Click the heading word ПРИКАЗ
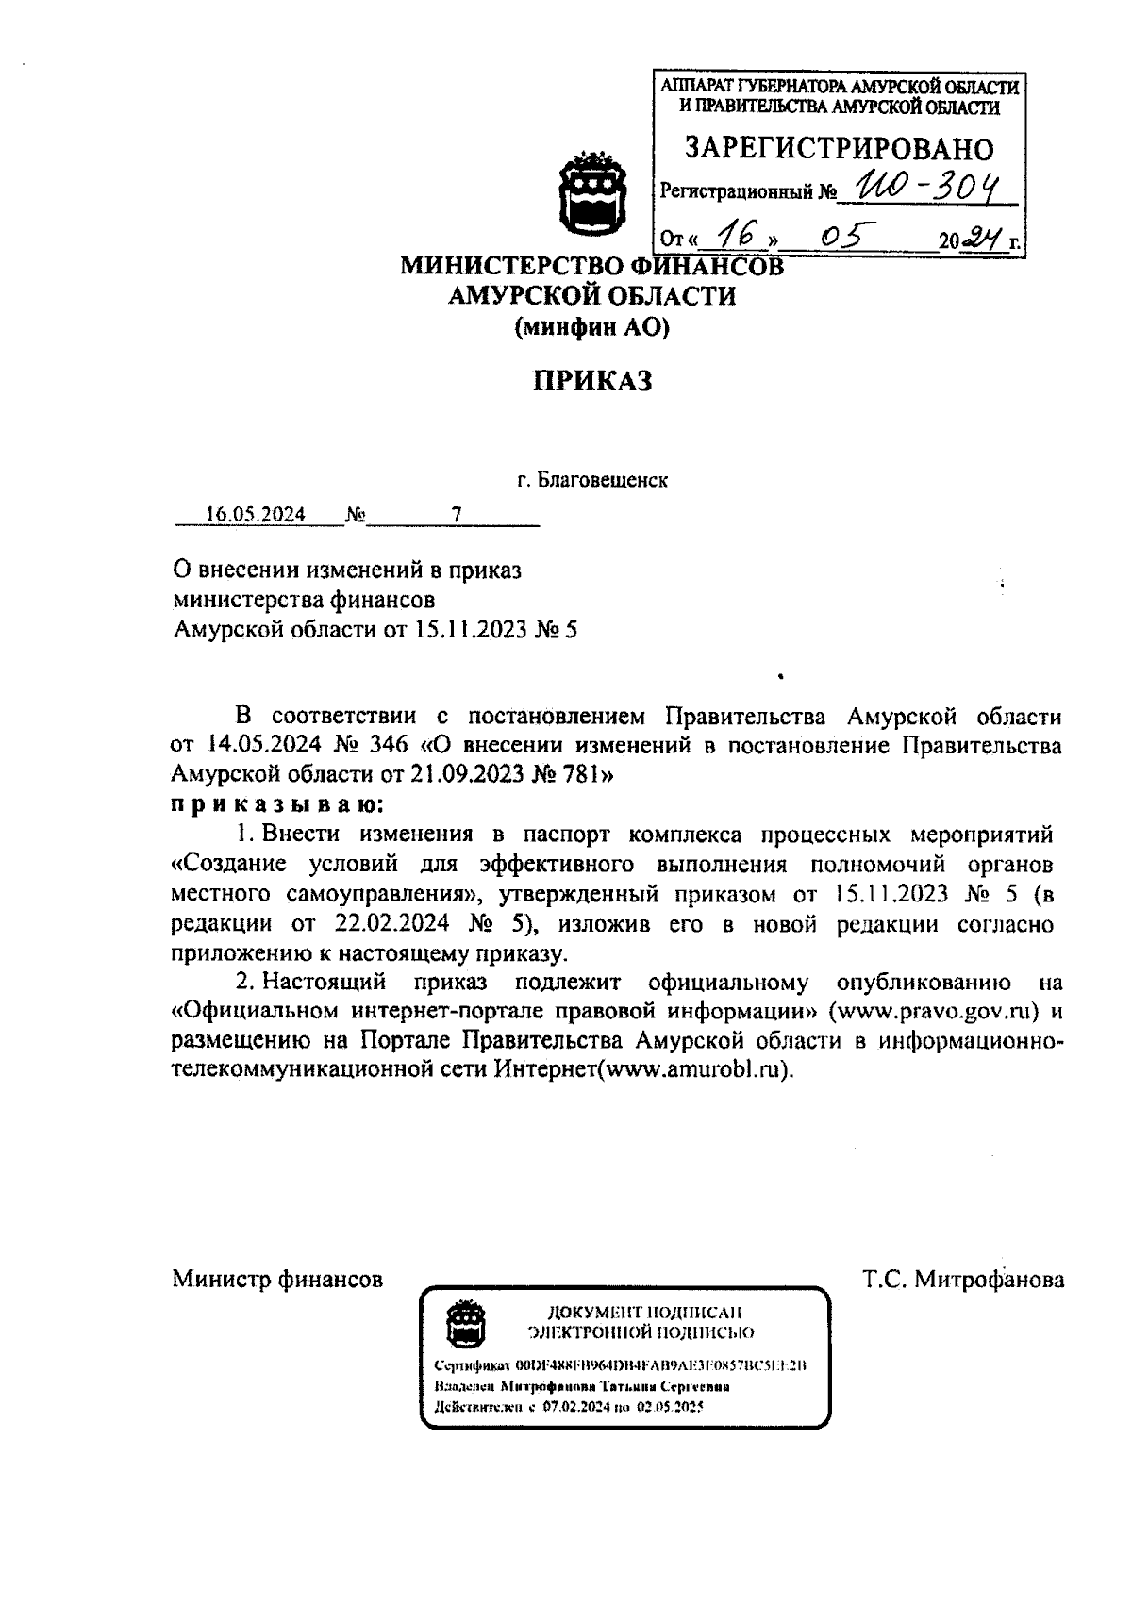tap(592, 381)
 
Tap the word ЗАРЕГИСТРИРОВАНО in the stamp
tap(839, 148)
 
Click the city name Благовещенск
tap(602, 480)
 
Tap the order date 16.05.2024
tap(256, 514)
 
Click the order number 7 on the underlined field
tap(458, 514)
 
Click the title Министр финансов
tap(277, 1280)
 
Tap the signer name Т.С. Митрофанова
tap(963, 1280)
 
